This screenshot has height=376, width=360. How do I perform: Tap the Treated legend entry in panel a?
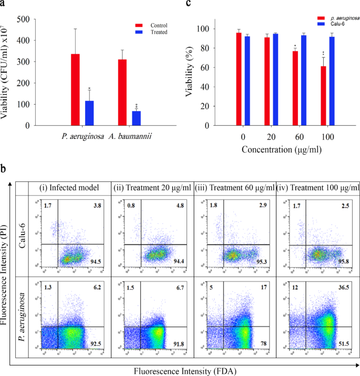tap(158, 32)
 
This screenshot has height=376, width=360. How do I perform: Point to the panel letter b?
tap(4, 170)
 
